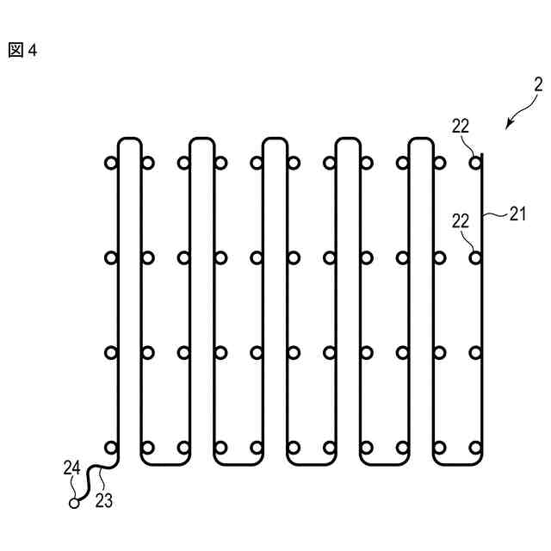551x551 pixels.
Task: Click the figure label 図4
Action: (22, 50)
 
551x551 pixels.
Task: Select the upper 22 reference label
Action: (461, 126)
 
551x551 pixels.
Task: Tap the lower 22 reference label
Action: (461, 221)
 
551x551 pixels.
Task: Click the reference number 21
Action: (516, 215)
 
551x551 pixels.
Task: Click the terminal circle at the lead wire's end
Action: (74, 503)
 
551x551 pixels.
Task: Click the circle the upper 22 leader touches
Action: (475, 162)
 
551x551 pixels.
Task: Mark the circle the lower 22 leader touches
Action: (475, 257)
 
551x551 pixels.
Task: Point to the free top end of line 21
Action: (484, 155)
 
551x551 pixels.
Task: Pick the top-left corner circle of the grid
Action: (110, 162)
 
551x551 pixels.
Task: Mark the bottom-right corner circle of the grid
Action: (475, 447)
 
